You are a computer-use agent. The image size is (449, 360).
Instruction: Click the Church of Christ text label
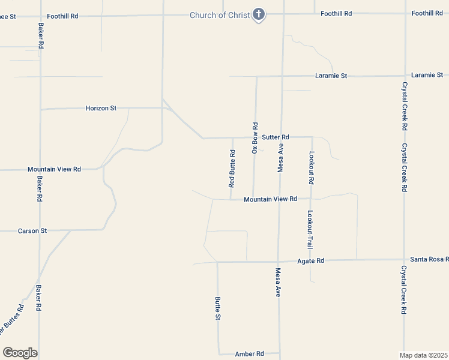(x=219, y=15)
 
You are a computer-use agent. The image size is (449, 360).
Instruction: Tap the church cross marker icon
(x=259, y=14)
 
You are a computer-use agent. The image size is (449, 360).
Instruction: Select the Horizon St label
(x=101, y=108)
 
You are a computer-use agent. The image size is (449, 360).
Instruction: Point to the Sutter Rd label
(x=276, y=137)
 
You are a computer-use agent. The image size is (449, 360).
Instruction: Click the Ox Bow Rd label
(x=255, y=138)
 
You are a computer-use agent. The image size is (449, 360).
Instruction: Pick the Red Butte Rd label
(x=232, y=169)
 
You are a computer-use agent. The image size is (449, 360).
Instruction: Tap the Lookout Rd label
(x=311, y=168)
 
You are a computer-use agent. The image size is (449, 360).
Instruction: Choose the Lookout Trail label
(x=310, y=229)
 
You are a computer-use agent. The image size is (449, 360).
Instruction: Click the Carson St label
(x=32, y=230)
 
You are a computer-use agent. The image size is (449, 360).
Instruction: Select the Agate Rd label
(x=311, y=261)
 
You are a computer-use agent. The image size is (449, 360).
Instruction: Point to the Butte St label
(x=218, y=308)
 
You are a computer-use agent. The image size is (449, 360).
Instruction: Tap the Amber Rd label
(x=249, y=354)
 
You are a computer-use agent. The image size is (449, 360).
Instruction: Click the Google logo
(x=20, y=353)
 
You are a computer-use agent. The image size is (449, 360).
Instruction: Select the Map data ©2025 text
(x=424, y=355)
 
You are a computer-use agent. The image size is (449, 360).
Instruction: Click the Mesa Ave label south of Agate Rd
(x=279, y=283)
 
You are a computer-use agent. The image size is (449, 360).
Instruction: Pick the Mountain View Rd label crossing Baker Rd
(x=54, y=169)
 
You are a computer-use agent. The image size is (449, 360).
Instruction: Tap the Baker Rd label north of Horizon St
(x=41, y=36)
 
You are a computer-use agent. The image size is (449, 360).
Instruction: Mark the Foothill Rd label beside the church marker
(x=336, y=13)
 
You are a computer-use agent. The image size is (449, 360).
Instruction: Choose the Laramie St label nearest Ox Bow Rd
(x=331, y=76)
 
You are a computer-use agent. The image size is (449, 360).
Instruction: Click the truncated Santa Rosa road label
(x=429, y=259)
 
